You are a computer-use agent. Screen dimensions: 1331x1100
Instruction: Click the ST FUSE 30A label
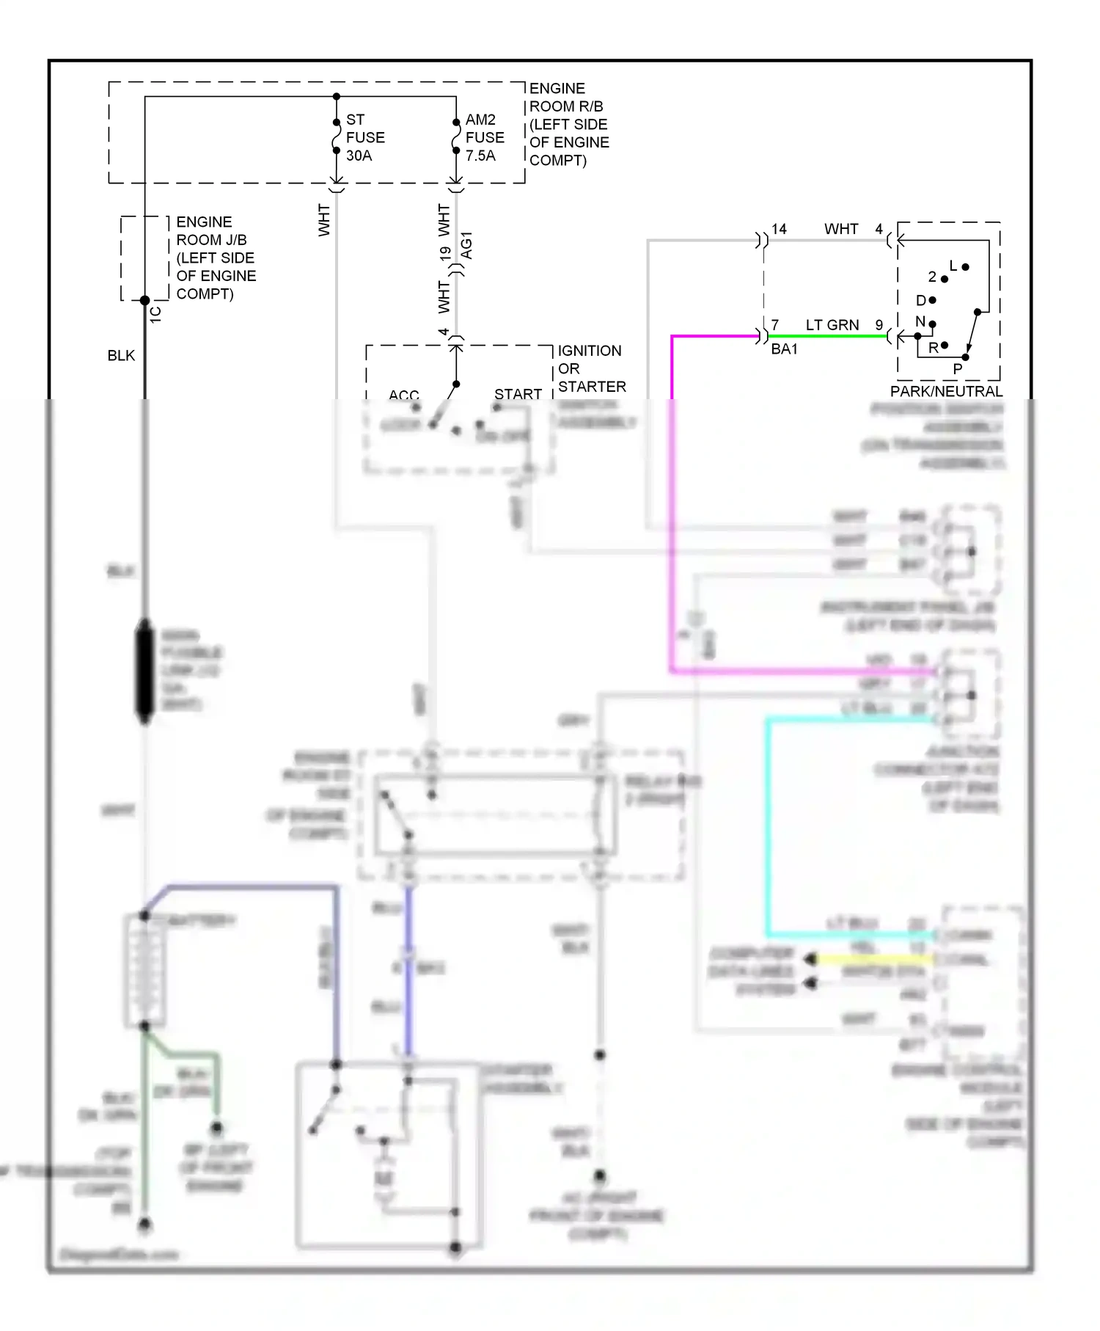(364, 137)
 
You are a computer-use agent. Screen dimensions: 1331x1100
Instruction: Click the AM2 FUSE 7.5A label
(484, 137)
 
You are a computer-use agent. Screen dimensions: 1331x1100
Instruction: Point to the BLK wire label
(121, 356)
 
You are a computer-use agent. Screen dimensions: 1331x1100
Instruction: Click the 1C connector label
(155, 314)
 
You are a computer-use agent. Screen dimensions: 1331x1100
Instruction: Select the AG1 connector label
(467, 246)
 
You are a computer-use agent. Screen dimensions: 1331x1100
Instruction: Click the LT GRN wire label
(832, 325)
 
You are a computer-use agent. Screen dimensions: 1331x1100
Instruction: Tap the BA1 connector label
(784, 349)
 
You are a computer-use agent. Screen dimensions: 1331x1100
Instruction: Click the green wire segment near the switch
(829, 337)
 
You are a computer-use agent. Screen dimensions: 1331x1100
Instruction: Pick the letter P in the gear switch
(957, 369)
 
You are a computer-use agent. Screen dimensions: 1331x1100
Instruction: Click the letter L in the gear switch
(953, 266)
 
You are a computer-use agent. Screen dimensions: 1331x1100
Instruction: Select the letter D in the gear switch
(920, 301)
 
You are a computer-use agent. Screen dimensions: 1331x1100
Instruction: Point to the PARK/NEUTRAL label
(946, 391)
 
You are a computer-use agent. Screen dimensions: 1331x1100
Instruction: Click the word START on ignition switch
(518, 394)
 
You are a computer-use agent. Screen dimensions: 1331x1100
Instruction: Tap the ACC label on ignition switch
(403, 395)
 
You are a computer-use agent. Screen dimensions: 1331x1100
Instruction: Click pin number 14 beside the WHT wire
(779, 229)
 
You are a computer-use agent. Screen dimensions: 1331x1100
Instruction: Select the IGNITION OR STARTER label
(591, 368)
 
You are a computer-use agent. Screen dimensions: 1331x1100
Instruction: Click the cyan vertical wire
(768, 829)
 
